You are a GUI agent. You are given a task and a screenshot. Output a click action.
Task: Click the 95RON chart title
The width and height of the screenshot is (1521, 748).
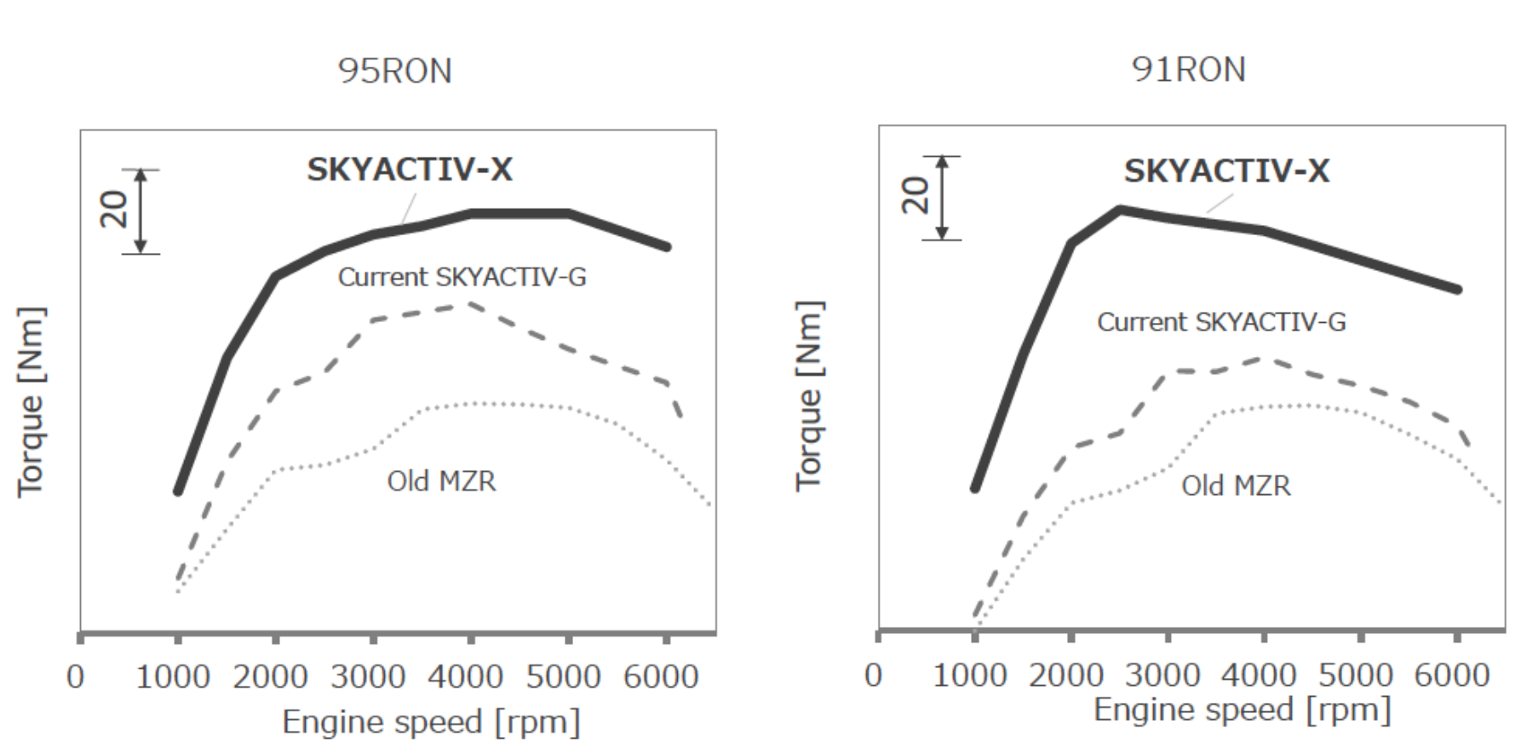coord(394,71)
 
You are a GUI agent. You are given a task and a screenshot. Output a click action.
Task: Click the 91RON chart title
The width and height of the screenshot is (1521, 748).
coord(1188,69)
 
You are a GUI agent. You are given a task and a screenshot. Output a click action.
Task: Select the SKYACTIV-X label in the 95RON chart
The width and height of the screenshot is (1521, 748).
coord(410,170)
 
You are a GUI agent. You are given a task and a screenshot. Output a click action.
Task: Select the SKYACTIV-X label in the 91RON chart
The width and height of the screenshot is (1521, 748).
coord(1226,171)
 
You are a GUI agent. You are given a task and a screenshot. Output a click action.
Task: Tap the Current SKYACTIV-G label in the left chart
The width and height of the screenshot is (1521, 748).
coord(462,277)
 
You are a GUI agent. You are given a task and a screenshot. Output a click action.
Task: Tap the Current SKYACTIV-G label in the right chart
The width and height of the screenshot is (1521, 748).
coord(1221,322)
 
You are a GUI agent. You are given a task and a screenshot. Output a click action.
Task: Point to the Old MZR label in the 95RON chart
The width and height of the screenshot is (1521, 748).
coord(441,481)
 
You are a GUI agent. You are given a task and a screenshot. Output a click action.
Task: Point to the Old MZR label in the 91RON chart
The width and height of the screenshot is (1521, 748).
coord(1236,486)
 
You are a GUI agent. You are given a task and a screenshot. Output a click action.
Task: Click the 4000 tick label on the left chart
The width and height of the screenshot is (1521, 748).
coord(465,677)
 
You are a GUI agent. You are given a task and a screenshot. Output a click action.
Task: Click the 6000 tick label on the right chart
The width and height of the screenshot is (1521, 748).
coord(1452,676)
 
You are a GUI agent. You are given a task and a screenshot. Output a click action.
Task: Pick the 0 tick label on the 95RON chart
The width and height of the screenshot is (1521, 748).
coord(76,677)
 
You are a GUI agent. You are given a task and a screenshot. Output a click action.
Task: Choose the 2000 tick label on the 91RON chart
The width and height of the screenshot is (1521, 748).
coord(1065,676)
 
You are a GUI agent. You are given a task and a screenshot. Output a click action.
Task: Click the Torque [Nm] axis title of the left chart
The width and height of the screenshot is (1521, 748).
coord(31,400)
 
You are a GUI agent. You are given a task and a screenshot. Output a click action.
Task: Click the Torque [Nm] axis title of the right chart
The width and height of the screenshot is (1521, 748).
coord(809,396)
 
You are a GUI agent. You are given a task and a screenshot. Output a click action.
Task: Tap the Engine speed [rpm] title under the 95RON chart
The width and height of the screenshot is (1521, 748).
coord(431,722)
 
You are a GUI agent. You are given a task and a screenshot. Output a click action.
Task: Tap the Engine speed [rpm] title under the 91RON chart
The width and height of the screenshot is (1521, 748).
coord(1242,710)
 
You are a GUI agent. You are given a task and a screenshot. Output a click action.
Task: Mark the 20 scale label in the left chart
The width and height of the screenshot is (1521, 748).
coord(114,209)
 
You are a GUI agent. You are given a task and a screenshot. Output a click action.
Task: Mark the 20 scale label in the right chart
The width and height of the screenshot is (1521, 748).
coord(915,195)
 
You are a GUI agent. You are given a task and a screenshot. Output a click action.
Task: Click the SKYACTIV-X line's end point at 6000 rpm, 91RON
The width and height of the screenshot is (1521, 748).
coord(1457,290)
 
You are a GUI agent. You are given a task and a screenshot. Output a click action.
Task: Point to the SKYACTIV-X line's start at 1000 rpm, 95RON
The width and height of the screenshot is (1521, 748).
coord(178,492)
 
